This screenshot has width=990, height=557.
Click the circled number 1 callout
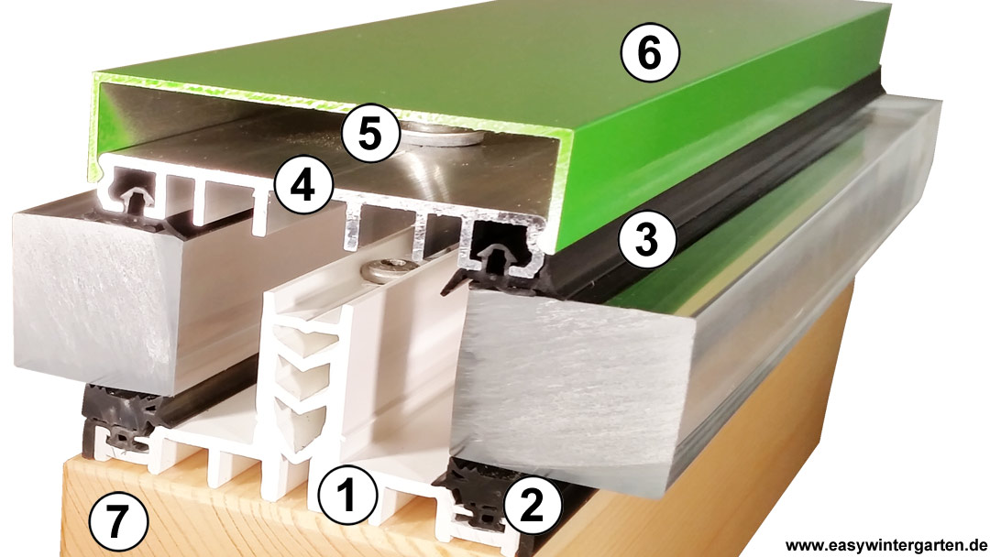coord(346,494)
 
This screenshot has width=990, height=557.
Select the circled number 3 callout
coord(647,240)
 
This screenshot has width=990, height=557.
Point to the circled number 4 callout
coord(303,187)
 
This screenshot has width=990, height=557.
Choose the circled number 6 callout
coord(649,53)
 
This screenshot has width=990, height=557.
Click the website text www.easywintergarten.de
coord(885,544)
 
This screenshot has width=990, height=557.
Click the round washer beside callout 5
coord(442,136)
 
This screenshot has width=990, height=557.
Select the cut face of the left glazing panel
coord(88,298)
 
